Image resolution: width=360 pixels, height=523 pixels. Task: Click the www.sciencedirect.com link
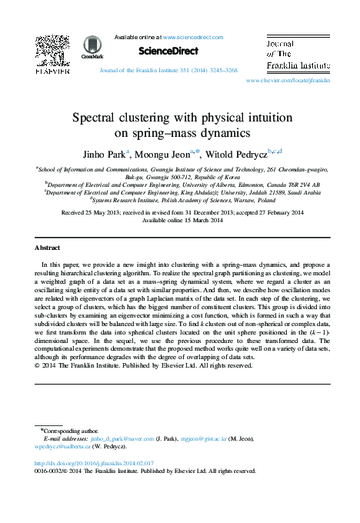coord(192,37)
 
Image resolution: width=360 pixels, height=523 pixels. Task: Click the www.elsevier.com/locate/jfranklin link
coord(288,80)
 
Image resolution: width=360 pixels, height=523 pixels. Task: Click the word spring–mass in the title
coord(168,134)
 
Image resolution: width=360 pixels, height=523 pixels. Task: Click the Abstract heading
coord(48,248)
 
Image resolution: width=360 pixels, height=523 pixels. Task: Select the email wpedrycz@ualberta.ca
coord(64,446)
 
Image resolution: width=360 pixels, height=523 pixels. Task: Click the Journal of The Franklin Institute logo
coord(296,54)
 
